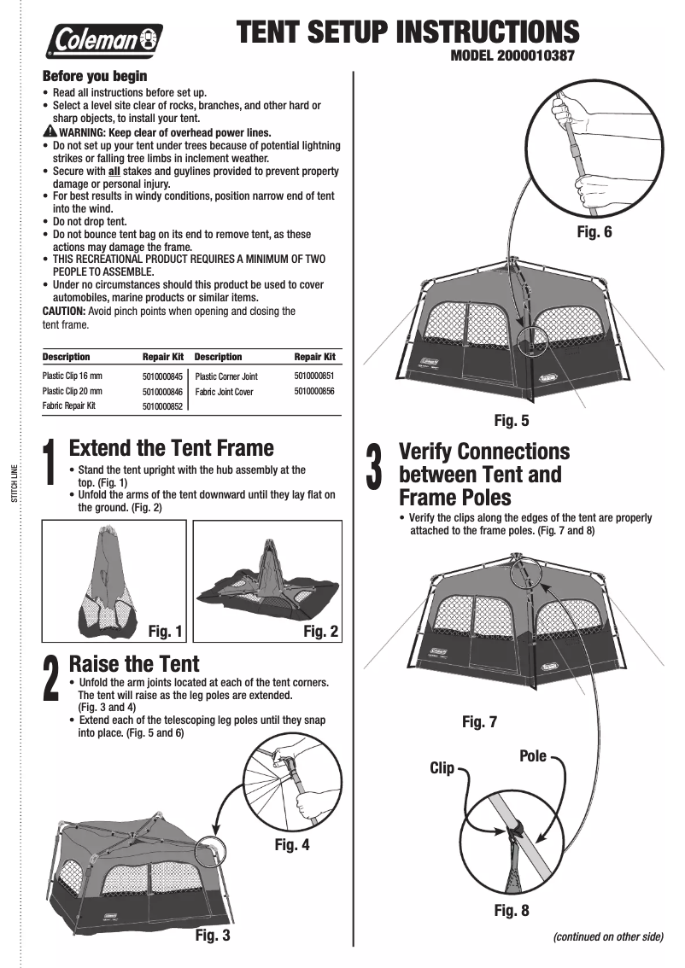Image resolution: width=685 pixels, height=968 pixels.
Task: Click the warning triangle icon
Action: coord(50,132)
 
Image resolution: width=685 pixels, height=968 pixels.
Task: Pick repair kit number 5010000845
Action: coord(163,376)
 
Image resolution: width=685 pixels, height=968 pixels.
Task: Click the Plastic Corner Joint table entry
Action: coord(226,376)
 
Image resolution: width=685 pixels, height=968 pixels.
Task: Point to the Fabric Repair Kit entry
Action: coord(69,405)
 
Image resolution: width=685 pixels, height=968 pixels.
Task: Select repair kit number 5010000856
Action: coord(313,391)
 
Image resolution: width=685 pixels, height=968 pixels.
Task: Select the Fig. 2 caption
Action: coord(322,632)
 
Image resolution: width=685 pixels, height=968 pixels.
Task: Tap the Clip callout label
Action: coord(442,768)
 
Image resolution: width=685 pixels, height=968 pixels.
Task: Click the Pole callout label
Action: coord(533,756)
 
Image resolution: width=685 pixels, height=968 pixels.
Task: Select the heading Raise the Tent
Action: coord(133,663)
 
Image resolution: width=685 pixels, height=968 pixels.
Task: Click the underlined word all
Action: coord(119,171)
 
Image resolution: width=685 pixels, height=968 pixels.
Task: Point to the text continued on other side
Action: coord(608,936)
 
